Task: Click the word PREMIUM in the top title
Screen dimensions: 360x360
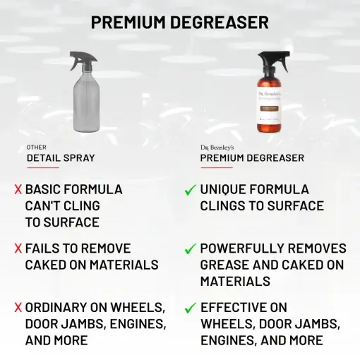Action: point(131,22)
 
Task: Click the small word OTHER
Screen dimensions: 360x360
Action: point(37,147)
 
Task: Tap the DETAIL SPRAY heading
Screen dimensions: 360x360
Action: point(61,158)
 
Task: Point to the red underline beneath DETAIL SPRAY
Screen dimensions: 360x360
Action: point(43,167)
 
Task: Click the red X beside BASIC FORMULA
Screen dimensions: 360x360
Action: point(18,190)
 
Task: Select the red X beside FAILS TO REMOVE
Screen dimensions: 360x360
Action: point(18,249)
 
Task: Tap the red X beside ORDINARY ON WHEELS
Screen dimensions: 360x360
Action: point(18,308)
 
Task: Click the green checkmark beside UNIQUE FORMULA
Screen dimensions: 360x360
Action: point(190,190)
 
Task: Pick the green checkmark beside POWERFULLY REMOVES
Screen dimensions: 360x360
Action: point(190,249)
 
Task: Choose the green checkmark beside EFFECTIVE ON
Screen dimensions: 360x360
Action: point(190,308)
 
